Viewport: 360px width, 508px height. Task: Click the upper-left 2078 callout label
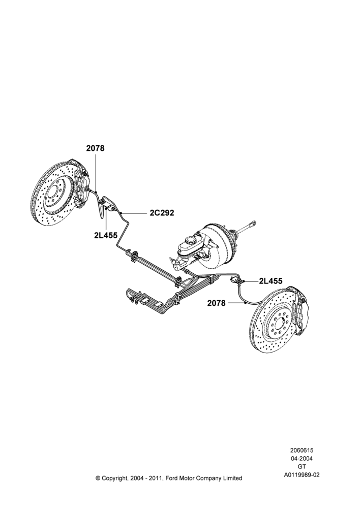[96, 148]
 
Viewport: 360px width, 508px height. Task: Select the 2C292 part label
[162, 213]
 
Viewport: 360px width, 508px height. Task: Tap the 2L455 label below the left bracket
[106, 236]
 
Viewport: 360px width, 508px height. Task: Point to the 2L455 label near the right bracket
[271, 281]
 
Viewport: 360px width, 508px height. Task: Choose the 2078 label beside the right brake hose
[216, 303]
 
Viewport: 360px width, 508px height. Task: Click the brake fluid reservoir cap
[191, 240]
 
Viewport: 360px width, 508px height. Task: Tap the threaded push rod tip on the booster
[253, 224]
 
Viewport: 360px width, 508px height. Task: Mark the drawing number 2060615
[302, 450]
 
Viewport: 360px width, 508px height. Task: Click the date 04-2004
[302, 458]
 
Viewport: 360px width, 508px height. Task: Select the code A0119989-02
[302, 475]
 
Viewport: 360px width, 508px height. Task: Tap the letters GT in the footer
[302, 467]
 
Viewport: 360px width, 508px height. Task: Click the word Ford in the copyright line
[173, 478]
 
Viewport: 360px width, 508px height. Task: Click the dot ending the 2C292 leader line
[121, 213]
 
